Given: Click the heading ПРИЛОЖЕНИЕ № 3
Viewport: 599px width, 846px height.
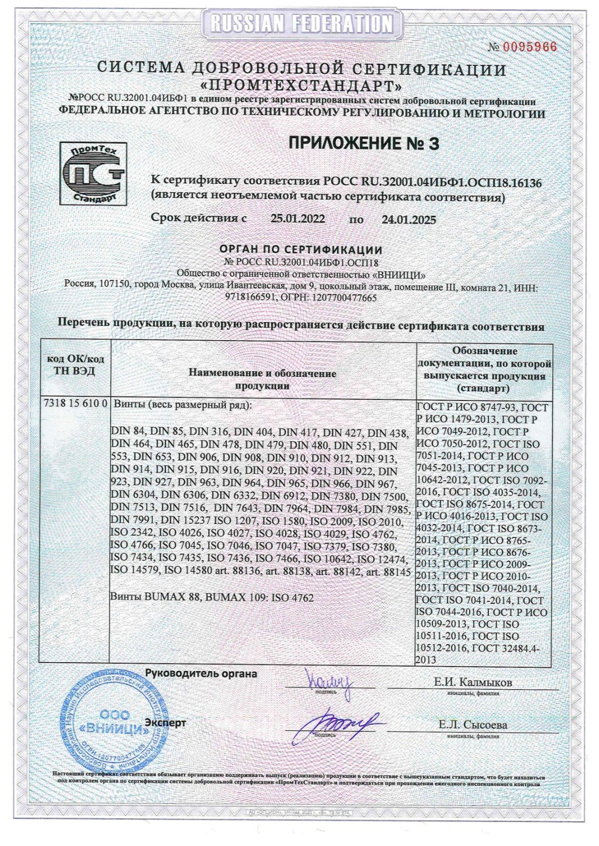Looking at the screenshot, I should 364,144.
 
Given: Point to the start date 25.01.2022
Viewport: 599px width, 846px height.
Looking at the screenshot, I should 298,219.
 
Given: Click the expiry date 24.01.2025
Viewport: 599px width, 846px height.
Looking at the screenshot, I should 409,219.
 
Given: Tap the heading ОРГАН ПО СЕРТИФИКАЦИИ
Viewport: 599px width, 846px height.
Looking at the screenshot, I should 300,250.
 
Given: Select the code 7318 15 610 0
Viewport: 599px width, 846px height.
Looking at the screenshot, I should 75,404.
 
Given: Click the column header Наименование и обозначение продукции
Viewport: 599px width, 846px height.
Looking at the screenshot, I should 263,380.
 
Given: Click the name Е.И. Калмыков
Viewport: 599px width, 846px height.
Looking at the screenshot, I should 473,682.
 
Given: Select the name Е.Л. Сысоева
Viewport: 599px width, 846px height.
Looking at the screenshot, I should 473,725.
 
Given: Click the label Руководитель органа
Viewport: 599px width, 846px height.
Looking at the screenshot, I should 201,673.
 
